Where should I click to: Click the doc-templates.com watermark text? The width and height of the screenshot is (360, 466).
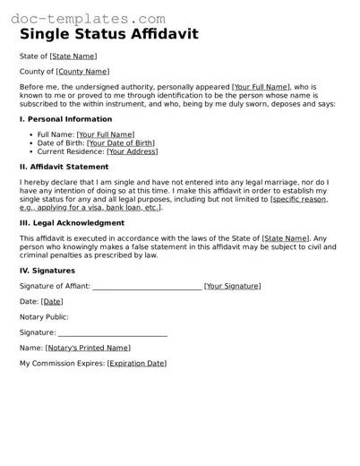(x=85, y=18)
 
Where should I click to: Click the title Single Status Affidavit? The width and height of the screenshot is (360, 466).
(x=109, y=35)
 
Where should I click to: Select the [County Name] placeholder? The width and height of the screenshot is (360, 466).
(x=82, y=71)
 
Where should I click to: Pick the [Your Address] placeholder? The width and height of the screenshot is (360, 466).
(x=133, y=151)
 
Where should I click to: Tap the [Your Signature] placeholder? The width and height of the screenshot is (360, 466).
(x=233, y=286)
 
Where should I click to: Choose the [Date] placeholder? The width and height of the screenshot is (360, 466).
(x=52, y=301)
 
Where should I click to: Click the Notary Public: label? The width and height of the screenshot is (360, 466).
(x=44, y=316)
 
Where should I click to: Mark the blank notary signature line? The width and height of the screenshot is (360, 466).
(x=112, y=334)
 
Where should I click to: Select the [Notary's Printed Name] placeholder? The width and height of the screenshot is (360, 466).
(x=88, y=347)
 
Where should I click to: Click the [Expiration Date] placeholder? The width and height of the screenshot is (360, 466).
(x=137, y=363)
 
